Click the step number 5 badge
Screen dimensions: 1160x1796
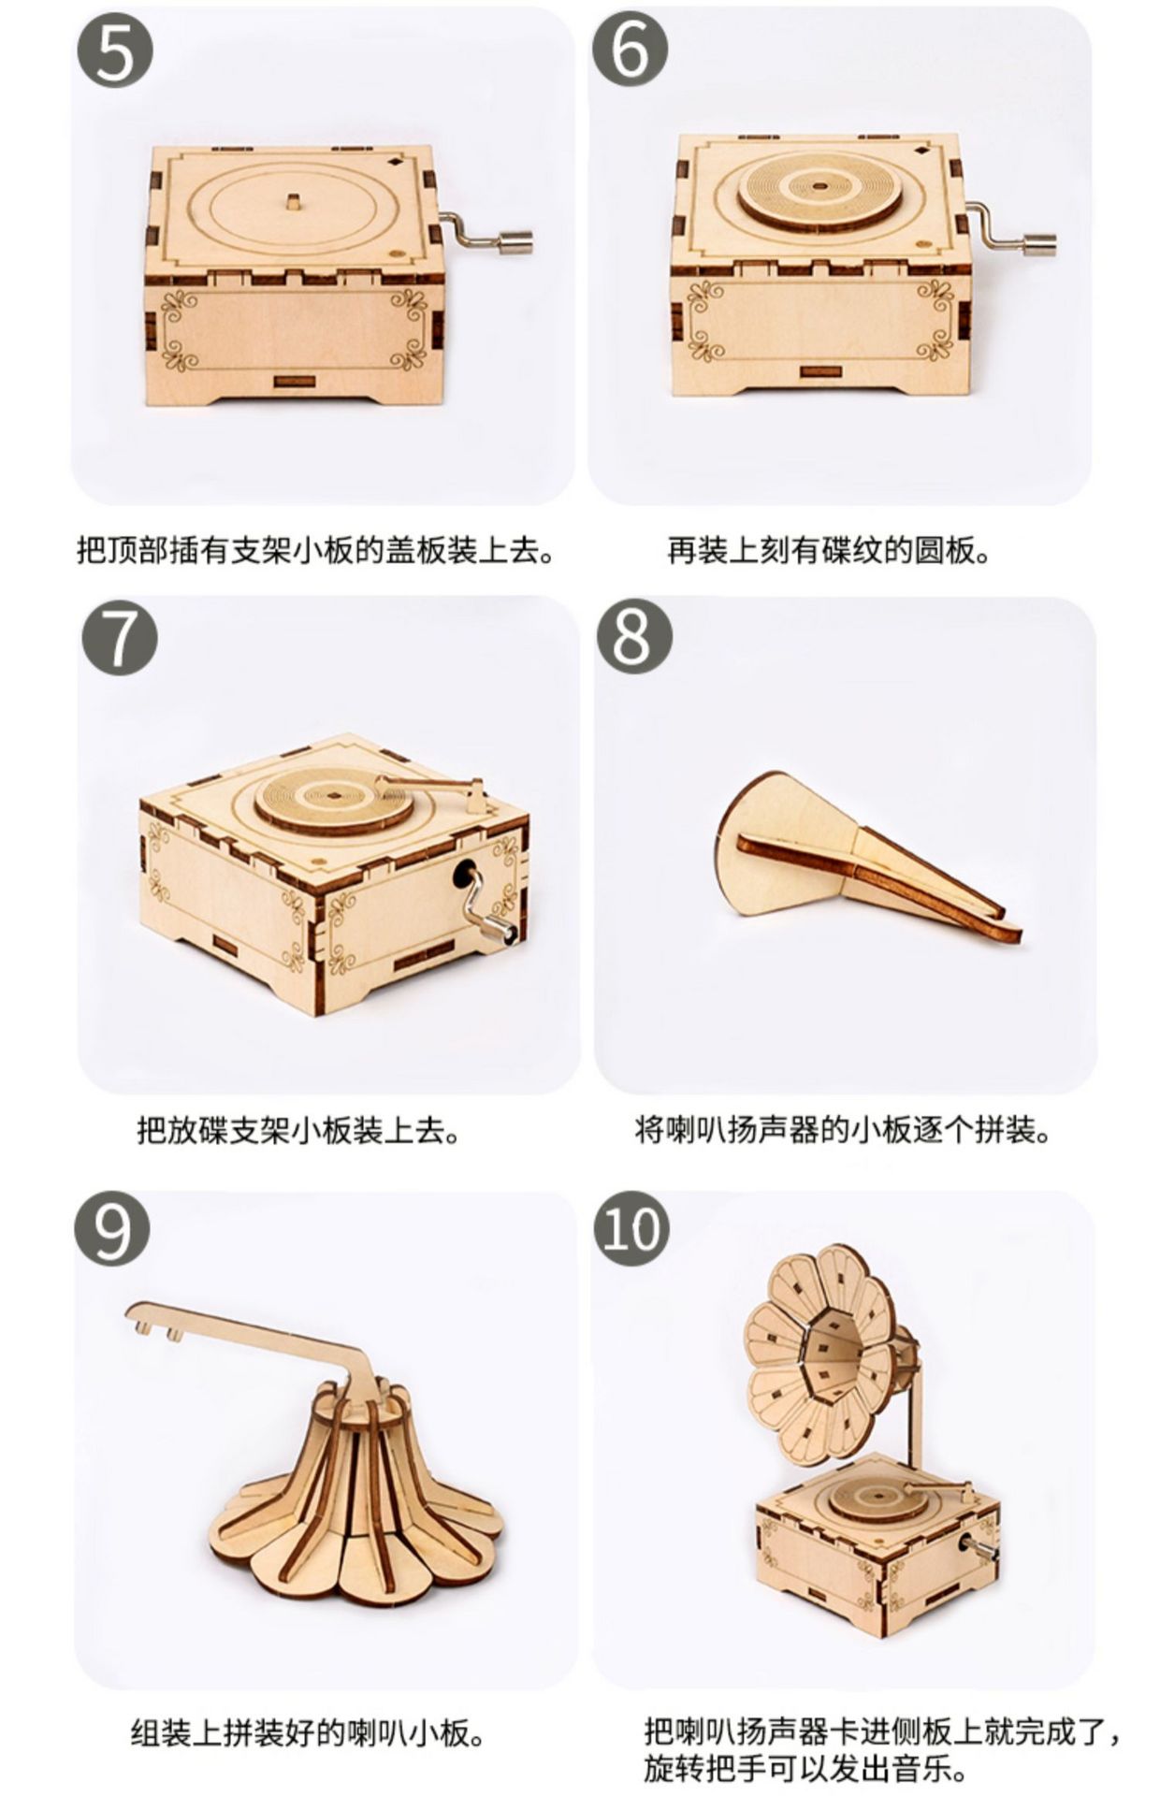(x=115, y=51)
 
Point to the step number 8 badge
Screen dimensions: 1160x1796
(x=634, y=636)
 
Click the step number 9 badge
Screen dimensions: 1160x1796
(x=112, y=1228)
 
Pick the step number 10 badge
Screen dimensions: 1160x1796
(x=632, y=1228)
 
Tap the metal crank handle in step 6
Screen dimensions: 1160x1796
(x=1012, y=229)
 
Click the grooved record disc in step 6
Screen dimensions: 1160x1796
(x=819, y=189)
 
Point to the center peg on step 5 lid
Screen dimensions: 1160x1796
(x=293, y=201)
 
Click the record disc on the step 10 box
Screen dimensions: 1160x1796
(x=885, y=1495)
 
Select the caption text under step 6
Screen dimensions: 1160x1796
(x=829, y=551)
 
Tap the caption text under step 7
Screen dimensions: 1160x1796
(x=299, y=1130)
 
